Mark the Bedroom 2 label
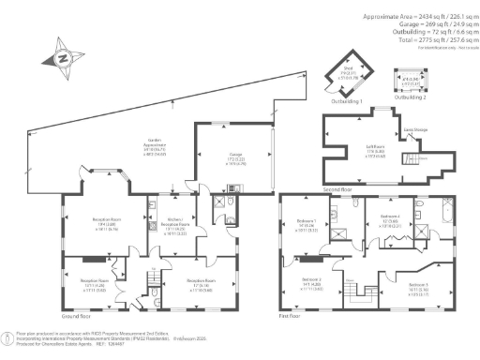tap(312, 281)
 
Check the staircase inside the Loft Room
tap(410, 157)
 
